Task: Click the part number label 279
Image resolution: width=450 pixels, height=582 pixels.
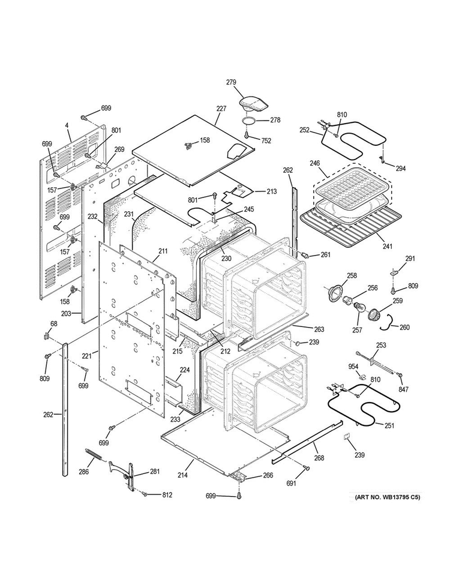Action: [231, 82]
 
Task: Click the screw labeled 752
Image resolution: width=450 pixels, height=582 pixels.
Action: [246, 136]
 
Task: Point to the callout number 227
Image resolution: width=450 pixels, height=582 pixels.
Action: [221, 109]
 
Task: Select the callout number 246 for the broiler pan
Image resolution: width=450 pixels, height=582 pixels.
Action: [316, 163]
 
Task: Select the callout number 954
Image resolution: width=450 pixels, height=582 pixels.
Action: [353, 367]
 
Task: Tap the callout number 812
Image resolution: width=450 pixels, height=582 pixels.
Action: [167, 495]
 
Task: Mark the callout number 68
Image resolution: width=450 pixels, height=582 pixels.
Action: [54, 323]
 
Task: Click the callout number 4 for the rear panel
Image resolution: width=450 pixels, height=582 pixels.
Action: [67, 126]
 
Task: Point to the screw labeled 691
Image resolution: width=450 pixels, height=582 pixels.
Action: [307, 469]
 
